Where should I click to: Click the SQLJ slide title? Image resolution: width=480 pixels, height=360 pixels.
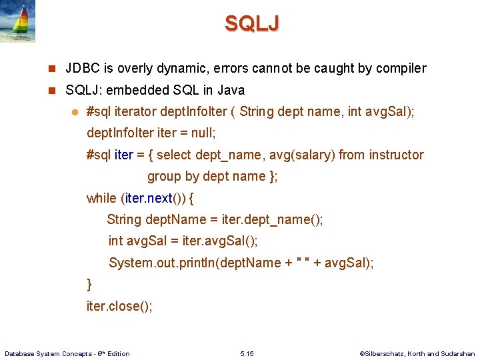[252, 23]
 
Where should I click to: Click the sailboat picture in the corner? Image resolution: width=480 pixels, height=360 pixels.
[18, 21]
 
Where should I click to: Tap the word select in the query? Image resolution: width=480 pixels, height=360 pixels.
[173, 155]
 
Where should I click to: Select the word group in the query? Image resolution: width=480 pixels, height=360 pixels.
[163, 176]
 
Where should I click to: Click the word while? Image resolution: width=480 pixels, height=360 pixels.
[101, 198]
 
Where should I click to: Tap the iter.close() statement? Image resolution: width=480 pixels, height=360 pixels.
[119, 306]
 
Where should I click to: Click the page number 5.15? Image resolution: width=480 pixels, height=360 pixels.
[246, 353]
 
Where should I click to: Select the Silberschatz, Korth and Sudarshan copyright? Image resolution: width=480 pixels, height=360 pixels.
[417, 353]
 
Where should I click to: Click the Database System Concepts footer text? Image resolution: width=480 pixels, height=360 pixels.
[67, 353]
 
